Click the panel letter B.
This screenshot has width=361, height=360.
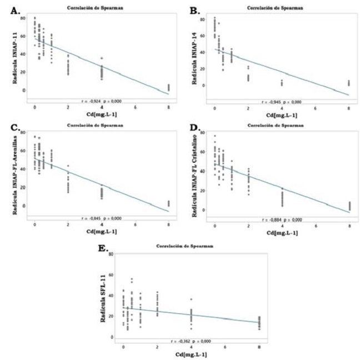click(193, 10)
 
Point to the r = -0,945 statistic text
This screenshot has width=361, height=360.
click(280, 102)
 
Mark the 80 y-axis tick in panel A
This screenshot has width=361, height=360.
click(22, 18)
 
